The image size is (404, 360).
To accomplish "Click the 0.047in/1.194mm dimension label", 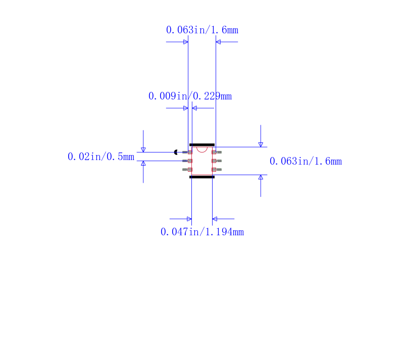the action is tap(203, 232).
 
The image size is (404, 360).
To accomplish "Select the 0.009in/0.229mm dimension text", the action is tap(190, 96).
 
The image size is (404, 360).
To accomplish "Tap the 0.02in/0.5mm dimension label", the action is tap(101, 157).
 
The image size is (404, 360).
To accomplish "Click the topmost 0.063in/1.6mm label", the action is tap(203, 30).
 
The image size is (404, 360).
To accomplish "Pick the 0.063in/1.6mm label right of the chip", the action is tap(306, 161).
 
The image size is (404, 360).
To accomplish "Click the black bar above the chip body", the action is tap(202, 145).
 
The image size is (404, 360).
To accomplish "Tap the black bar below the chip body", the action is tap(202, 177).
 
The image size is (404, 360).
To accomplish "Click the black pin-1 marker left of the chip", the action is tap(176, 152).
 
